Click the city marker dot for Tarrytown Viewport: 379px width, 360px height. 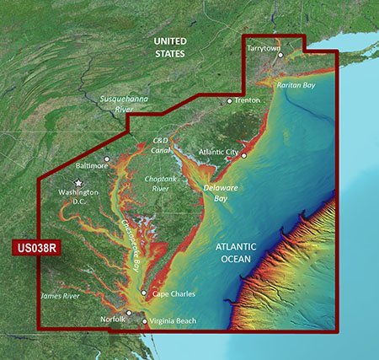280,56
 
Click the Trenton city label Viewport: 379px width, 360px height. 248,100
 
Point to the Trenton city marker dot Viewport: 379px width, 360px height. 229,101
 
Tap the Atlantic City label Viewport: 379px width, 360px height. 218,152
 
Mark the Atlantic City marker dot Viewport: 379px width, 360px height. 243,154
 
